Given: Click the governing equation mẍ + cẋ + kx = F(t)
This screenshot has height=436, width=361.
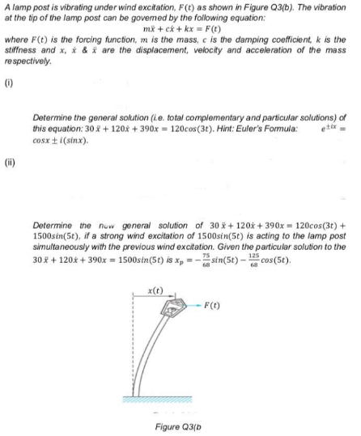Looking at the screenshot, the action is click(178, 29).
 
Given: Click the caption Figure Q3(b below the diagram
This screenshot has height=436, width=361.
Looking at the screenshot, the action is click(179, 424).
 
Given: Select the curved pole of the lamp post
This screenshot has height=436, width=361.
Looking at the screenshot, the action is click(160, 356).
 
